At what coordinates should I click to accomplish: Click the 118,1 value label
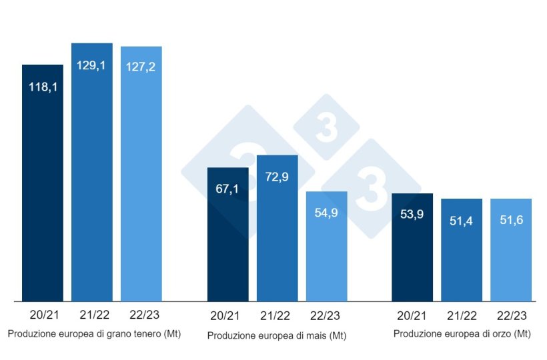click(43, 87)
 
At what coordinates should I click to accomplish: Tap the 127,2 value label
click(141, 67)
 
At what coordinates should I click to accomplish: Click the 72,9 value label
click(277, 177)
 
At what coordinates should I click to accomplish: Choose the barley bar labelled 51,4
click(462, 253)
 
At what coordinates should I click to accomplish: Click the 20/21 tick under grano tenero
click(43, 315)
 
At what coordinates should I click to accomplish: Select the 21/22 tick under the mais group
click(277, 315)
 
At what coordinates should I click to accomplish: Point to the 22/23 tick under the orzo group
click(511, 315)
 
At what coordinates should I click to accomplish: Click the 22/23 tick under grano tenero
click(141, 315)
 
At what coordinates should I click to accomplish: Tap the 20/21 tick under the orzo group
click(412, 315)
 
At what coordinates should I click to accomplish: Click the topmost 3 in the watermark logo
click(326, 127)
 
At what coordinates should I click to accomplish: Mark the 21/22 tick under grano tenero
click(92, 315)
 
